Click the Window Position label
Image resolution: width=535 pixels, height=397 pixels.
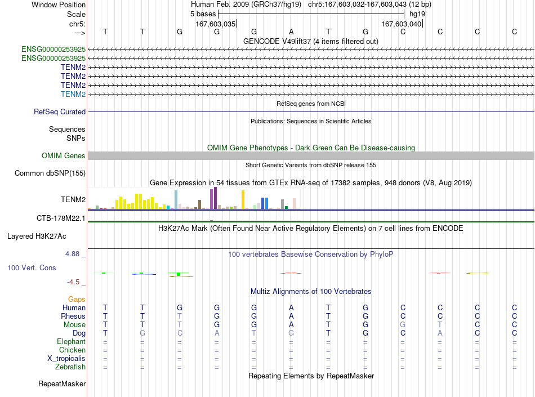coord(59,5)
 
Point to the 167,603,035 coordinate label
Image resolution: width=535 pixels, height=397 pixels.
coord(216,24)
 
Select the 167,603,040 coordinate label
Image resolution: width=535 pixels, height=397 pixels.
coord(401,24)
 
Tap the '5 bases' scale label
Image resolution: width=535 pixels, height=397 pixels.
coord(203,14)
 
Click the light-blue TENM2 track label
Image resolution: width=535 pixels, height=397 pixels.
coord(73,94)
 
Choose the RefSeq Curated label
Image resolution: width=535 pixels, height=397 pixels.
coord(60,112)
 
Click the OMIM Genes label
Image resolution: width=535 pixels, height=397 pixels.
coord(64,156)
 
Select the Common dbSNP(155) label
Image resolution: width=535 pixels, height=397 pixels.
coord(50,173)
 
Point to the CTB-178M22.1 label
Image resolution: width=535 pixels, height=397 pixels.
coord(61,218)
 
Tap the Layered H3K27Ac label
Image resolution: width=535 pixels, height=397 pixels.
coord(37,237)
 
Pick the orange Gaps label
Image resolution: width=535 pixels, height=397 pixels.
coord(77,299)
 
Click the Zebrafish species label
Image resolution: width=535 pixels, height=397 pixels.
coord(70,367)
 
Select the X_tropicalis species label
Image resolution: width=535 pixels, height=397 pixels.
coord(66,359)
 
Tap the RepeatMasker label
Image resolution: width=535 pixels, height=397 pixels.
coord(62,383)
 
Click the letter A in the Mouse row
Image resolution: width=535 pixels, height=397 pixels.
coord(291,325)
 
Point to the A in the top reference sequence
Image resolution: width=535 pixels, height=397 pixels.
coord(291,32)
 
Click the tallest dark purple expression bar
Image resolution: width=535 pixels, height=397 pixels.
coord(215,198)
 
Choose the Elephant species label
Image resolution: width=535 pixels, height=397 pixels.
coord(72,342)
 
